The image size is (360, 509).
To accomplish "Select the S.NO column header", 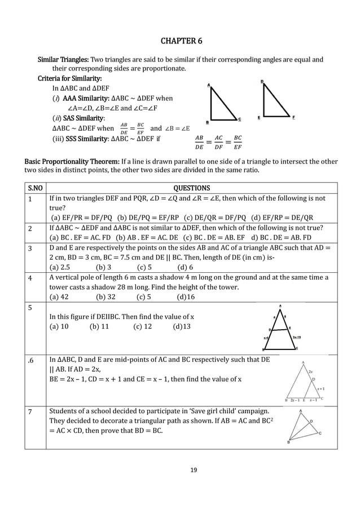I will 34,188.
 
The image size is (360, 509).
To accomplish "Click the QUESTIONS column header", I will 191,188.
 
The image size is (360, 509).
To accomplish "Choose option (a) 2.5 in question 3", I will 60,267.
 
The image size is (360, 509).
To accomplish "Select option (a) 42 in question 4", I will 59,297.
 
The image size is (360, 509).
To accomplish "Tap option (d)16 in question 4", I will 186,297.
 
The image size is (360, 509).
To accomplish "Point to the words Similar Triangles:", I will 63,59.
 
